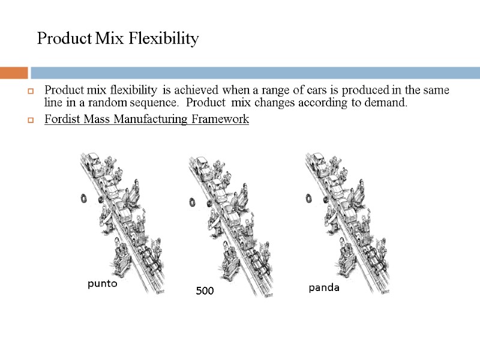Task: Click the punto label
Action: click(102, 284)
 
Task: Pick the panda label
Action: click(324, 287)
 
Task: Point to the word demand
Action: click(389, 103)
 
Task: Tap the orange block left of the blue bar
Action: click(14, 73)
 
